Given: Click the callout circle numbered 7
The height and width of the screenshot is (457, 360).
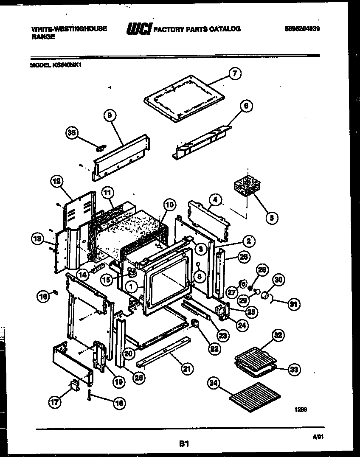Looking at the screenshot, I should pyautogui.click(x=234, y=74).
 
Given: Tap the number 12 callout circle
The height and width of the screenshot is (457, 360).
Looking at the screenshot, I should pyautogui.click(x=56, y=182).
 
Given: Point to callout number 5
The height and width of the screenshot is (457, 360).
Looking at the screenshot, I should pyautogui.click(x=271, y=218).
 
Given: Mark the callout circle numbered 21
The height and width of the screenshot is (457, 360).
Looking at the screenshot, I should pyautogui.click(x=186, y=370).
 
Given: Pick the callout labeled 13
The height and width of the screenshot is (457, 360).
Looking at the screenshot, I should pyautogui.click(x=38, y=240).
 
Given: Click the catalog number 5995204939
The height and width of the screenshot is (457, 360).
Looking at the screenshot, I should pyautogui.click(x=302, y=28).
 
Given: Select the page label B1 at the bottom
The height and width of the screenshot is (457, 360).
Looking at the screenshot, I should pyautogui.click(x=183, y=444).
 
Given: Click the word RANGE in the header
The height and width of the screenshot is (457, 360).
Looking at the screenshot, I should pyautogui.click(x=43, y=37).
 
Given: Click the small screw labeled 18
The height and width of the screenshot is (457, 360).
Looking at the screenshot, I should pyautogui.click(x=90, y=396).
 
